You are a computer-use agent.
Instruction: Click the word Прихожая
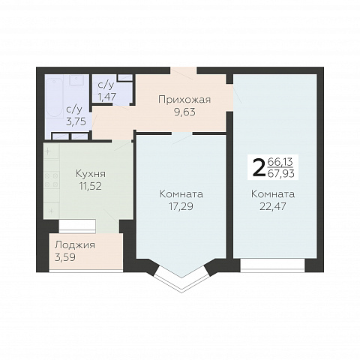tap(184, 100)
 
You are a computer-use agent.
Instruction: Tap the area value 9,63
tap(184, 112)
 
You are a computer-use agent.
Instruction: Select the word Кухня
tap(91, 174)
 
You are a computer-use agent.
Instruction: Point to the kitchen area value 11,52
tap(91, 186)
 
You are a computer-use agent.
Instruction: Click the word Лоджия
tap(75, 245)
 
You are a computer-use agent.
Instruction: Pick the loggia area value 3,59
tap(65, 257)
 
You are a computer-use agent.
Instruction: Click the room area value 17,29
tap(181, 206)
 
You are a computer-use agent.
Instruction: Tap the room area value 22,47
tap(273, 206)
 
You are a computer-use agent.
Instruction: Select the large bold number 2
tap(259, 167)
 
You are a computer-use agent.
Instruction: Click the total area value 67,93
tap(281, 173)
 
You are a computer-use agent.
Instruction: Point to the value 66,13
tap(280, 162)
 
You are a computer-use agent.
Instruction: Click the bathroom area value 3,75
tap(76, 121)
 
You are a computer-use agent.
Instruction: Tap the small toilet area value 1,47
tap(107, 97)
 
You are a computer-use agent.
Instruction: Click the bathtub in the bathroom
tap(55, 97)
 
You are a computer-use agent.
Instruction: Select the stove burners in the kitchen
tap(51, 180)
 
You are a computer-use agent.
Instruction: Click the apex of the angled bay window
tap(182, 292)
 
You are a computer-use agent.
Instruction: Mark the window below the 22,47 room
tap(273, 265)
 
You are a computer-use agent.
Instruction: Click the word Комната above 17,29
tap(181, 194)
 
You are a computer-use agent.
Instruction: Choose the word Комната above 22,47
tap(273, 194)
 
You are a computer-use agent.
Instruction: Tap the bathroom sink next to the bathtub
tap(76, 80)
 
